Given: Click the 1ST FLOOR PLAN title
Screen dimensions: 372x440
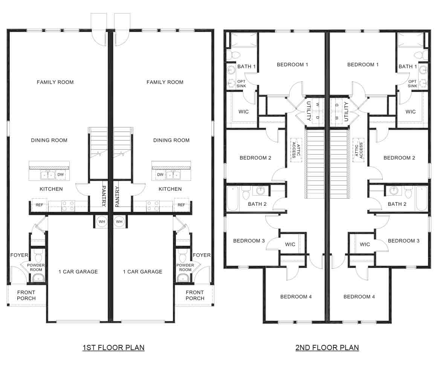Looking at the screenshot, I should (113, 348).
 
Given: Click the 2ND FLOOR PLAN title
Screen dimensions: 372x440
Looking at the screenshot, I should (327, 348).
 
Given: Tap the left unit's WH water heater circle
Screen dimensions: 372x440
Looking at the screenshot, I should (102, 222).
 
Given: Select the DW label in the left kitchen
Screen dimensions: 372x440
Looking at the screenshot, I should (61, 175).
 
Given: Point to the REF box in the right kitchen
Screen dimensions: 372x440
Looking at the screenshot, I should (181, 205).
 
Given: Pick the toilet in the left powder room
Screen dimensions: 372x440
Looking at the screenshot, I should (37, 257).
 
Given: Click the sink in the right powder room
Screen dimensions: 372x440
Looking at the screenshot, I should (183, 278).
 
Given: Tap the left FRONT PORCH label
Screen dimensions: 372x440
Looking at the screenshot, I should (26, 295).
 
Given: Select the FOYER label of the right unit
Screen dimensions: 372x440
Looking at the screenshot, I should (202, 255).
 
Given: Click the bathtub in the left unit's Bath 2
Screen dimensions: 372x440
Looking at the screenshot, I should (233, 199).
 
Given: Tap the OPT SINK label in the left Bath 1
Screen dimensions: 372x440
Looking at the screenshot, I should (241, 84).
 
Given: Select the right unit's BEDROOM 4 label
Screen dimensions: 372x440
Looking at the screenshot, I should (359, 297).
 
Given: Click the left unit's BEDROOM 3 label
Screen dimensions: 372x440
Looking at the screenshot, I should (249, 241).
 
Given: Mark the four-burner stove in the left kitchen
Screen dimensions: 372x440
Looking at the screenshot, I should (68, 205).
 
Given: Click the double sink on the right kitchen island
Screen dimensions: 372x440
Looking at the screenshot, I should (173, 175).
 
